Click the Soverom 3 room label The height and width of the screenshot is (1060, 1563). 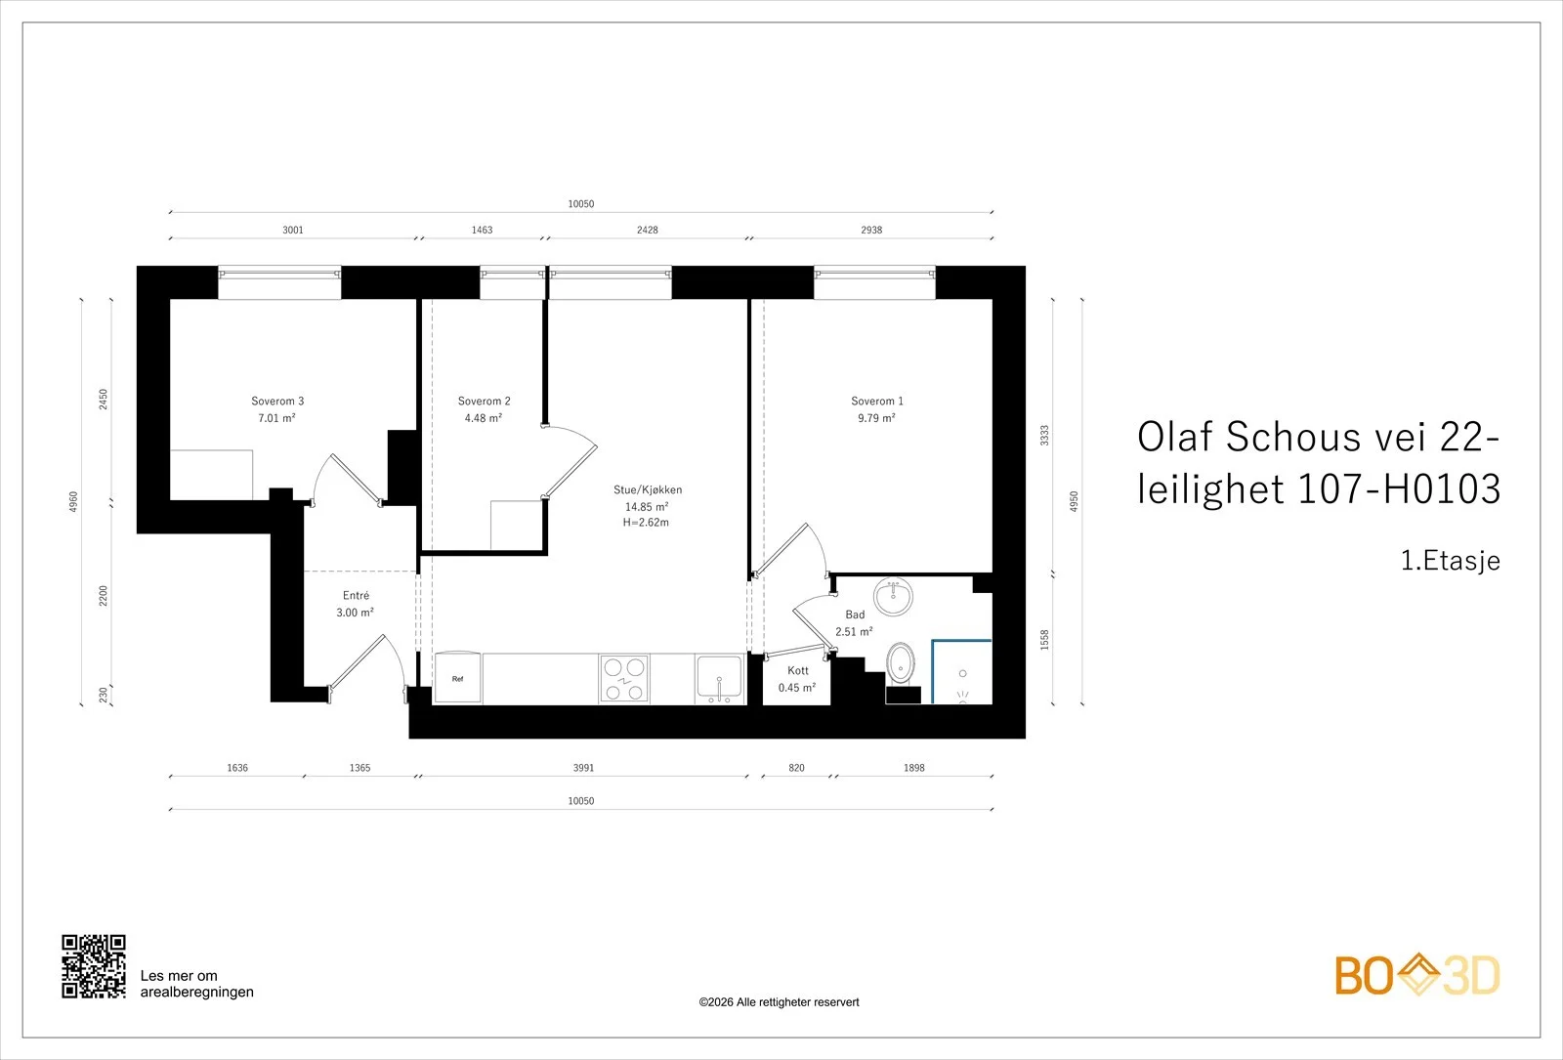[277, 402]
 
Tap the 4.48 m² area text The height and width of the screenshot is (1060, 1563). [484, 418]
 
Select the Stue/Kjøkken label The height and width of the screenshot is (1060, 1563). [648, 489]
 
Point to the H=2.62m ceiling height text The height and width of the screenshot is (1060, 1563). [646, 522]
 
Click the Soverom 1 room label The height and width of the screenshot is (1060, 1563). [877, 402]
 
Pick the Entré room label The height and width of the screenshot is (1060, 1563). [356, 595]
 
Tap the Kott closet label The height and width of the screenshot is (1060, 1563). [797, 670]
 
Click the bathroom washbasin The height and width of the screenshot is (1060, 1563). [893, 597]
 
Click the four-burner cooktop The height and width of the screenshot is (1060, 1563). [624, 678]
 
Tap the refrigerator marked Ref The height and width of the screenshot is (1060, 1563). [458, 678]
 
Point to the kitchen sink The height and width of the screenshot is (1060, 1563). [719, 679]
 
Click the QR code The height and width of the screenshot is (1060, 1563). [94, 966]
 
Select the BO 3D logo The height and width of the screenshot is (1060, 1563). [1417, 975]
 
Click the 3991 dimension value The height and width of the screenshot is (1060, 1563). [583, 768]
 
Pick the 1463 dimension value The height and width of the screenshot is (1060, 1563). [483, 230]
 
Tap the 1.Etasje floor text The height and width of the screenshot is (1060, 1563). [1451, 561]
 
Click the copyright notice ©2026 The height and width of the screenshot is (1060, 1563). [779, 1002]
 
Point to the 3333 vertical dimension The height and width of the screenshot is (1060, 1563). [1044, 436]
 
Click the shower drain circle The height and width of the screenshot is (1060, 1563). [963, 673]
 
